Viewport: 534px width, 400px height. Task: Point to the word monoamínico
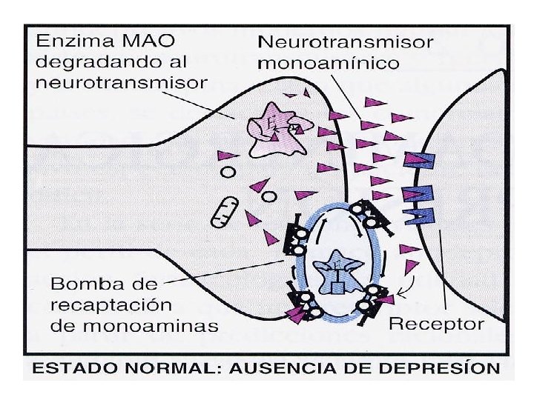coord(328,62)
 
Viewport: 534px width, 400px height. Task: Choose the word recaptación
coord(111,304)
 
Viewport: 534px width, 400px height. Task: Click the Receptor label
coord(437,324)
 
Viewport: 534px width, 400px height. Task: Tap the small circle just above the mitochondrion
coord(228,171)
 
